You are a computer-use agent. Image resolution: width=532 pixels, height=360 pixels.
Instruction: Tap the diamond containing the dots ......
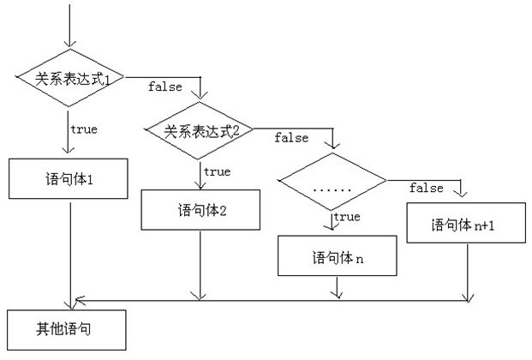point(332,182)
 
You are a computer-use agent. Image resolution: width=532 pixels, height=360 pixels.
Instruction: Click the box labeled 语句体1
point(68,181)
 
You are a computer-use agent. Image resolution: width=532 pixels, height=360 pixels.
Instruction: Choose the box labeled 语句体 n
point(338,256)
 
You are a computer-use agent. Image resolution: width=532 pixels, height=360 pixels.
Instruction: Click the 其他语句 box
point(66,329)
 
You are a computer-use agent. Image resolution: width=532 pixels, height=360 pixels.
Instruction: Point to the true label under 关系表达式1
point(83,130)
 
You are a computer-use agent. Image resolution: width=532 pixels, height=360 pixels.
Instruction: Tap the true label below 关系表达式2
point(217,172)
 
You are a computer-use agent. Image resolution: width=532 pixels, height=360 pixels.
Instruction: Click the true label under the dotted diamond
point(346,217)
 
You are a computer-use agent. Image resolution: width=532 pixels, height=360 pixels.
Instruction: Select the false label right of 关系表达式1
point(164,87)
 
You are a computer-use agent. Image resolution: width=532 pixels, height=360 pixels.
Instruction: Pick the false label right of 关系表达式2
point(291,137)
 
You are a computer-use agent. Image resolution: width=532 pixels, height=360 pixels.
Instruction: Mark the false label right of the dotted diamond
point(426,188)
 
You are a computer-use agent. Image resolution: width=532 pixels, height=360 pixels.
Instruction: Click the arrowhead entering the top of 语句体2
point(200,184)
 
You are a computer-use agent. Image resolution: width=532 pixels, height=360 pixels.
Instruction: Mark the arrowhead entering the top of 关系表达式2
point(199,96)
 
